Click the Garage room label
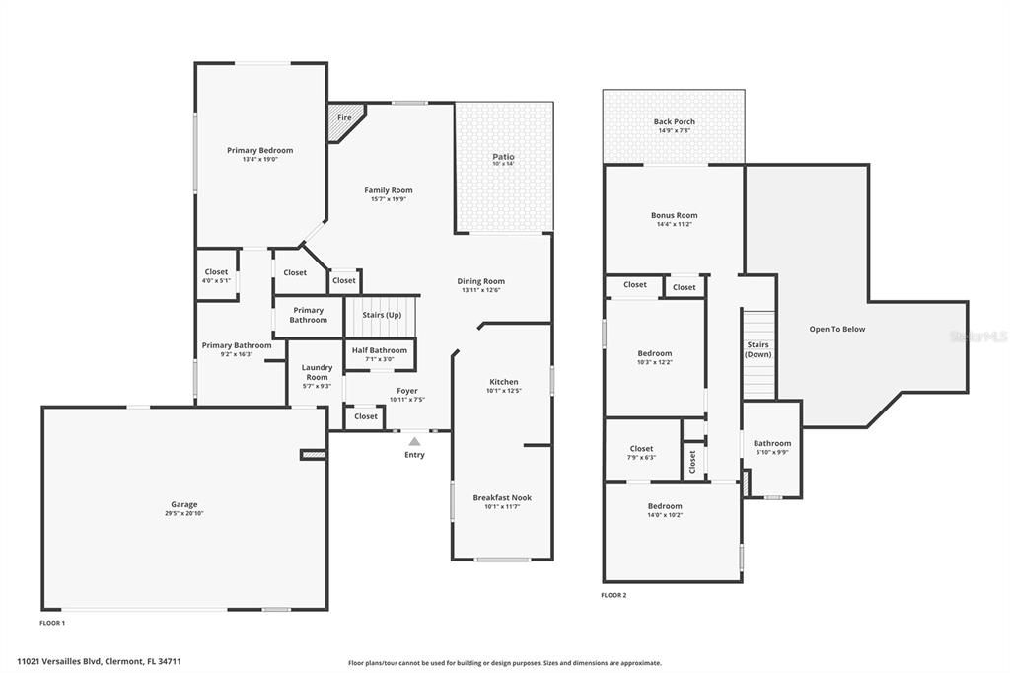[x=184, y=504]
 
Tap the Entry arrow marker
[x=414, y=441]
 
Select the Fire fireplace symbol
[x=344, y=118]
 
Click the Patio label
[x=503, y=157]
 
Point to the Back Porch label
[x=674, y=122]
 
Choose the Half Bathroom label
[x=380, y=350]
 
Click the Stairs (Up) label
[x=382, y=315]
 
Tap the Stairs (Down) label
[x=757, y=349]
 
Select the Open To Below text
[x=836, y=329]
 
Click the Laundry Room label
[x=317, y=372]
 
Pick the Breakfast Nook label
[x=502, y=498]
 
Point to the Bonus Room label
[x=674, y=215]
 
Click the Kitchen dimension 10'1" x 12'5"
[x=503, y=391]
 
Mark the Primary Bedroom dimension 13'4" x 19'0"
[x=259, y=159]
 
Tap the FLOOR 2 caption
[x=613, y=595]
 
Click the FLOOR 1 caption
[x=52, y=623]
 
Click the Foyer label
[x=406, y=391]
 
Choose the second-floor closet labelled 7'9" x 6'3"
[x=641, y=453]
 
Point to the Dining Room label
[x=480, y=281]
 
